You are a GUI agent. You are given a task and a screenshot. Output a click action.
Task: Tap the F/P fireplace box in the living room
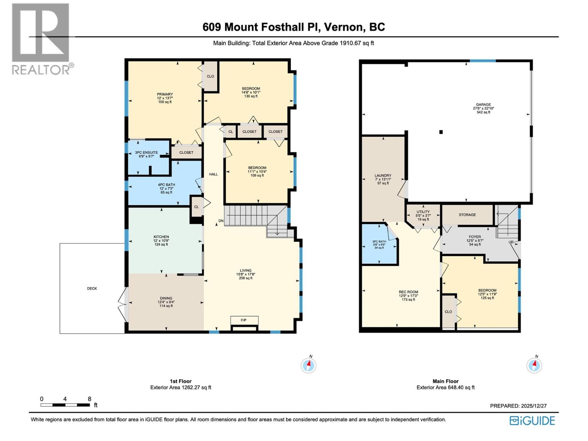(x=244, y=320)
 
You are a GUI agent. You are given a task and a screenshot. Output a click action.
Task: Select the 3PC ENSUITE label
(x=146, y=153)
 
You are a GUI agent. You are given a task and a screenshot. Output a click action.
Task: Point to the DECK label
(x=92, y=288)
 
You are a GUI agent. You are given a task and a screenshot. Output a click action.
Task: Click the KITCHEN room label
(x=161, y=237)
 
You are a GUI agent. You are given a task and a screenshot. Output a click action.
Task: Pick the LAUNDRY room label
(x=383, y=176)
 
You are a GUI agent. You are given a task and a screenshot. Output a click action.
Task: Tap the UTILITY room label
(x=423, y=212)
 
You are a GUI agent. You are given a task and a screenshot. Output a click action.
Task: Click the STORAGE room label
(x=467, y=215)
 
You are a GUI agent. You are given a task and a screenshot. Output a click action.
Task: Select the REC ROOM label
(x=408, y=292)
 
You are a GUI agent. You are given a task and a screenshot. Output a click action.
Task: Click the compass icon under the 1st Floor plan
(x=308, y=365)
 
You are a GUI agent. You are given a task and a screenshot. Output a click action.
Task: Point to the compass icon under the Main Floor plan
(x=534, y=365)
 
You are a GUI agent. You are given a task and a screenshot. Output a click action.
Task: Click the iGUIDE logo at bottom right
(x=532, y=421)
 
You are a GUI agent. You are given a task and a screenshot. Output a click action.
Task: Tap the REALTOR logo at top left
(x=41, y=39)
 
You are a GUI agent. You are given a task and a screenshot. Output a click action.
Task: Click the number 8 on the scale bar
(x=89, y=399)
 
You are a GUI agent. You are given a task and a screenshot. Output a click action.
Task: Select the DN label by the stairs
(x=221, y=221)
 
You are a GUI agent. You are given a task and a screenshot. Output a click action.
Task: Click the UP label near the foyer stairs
(x=511, y=242)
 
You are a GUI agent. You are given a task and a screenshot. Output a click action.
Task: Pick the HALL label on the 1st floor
(x=213, y=174)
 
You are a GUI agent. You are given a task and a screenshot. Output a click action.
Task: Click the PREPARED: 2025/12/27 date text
(x=518, y=406)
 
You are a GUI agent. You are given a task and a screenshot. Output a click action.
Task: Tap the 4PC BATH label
(x=166, y=185)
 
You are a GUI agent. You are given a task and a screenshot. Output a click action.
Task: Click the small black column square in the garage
(x=441, y=132)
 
